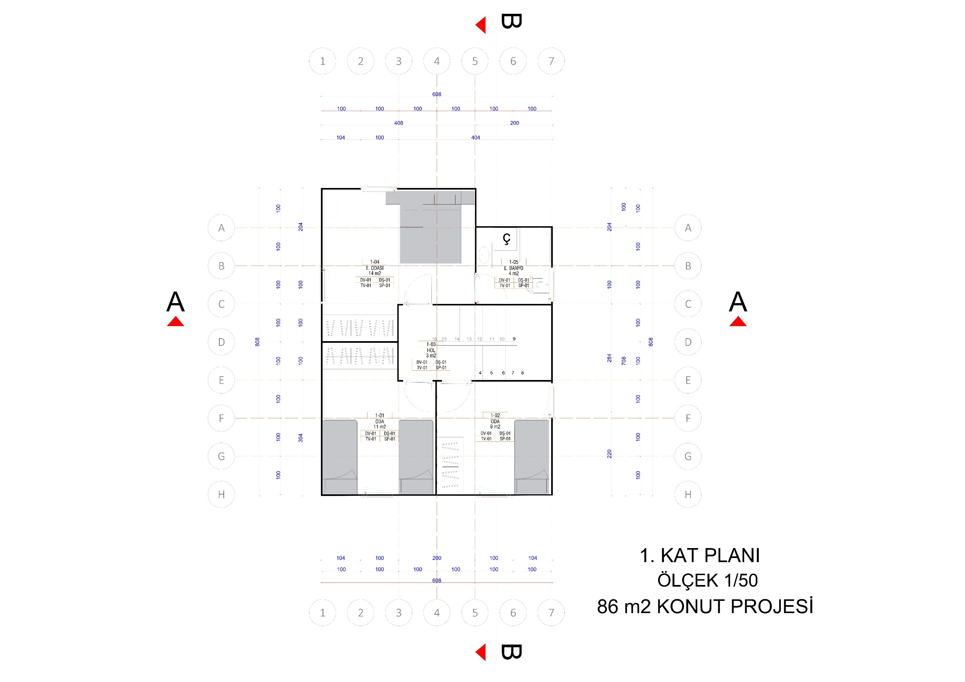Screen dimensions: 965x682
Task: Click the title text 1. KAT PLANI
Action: tap(699, 556)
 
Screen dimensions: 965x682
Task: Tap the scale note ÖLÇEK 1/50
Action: tap(707, 580)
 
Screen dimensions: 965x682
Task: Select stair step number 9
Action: tap(514, 339)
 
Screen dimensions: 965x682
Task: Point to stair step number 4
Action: tap(480, 373)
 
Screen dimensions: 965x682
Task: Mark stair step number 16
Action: tap(434, 339)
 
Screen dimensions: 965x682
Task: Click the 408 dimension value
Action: tap(399, 123)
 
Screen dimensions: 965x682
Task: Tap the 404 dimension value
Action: tap(475, 138)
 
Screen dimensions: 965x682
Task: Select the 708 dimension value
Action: tap(624, 360)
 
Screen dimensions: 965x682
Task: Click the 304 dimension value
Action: tap(300, 438)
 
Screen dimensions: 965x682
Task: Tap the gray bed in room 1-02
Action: tap(532, 457)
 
